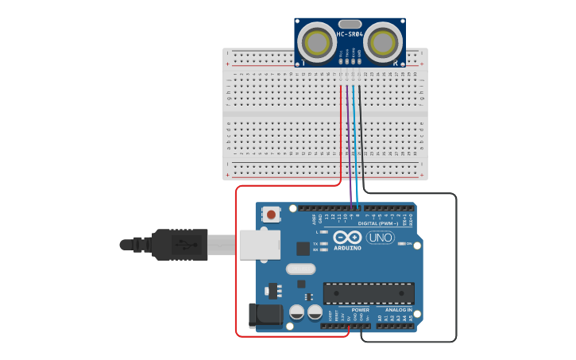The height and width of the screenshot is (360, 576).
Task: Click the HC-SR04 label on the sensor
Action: tap(350, 35)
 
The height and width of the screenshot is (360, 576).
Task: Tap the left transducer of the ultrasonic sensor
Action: tap(319, 41)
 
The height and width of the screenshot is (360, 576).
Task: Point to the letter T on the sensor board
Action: tap(303, 61)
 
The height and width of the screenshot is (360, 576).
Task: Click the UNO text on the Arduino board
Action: tap(380, 237)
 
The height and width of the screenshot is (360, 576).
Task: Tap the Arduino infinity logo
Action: tap(349, 238)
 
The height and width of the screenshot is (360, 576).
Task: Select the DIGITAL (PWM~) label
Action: tap(373, 224)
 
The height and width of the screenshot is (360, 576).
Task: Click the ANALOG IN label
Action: tap(397, 309)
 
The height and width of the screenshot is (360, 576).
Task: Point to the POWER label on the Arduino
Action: tap(350, 309)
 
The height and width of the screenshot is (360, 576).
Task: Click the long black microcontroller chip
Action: tap(368, 292)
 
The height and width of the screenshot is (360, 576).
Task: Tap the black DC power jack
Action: tap(265, 315)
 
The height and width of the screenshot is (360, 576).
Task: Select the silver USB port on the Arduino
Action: tap(259, 245)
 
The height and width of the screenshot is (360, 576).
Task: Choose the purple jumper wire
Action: tap(350, 143)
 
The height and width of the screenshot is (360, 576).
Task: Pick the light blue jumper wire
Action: tap(355, 143)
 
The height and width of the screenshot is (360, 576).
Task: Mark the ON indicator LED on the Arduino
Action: tap(402, 244)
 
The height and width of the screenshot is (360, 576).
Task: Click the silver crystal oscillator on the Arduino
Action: tap(301, 269)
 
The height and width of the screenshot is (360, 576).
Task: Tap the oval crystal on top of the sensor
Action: tap(350, 24)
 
